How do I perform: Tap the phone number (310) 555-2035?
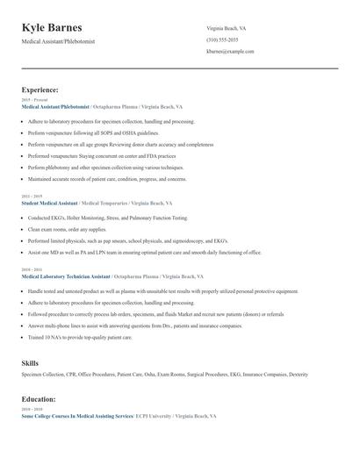coord(223,40)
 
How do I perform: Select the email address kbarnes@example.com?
coord(230,52)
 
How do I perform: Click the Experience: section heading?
coord(40,89)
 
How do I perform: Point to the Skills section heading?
coord(30,361)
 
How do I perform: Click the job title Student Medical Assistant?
coord(49,203)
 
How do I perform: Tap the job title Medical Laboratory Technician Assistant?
coord(66,275)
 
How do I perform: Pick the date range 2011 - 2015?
coord(31,197)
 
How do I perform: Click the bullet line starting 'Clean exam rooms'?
coord(61,229)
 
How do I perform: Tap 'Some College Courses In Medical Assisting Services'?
coord(76,416)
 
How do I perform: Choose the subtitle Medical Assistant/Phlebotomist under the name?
coord(58,41)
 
